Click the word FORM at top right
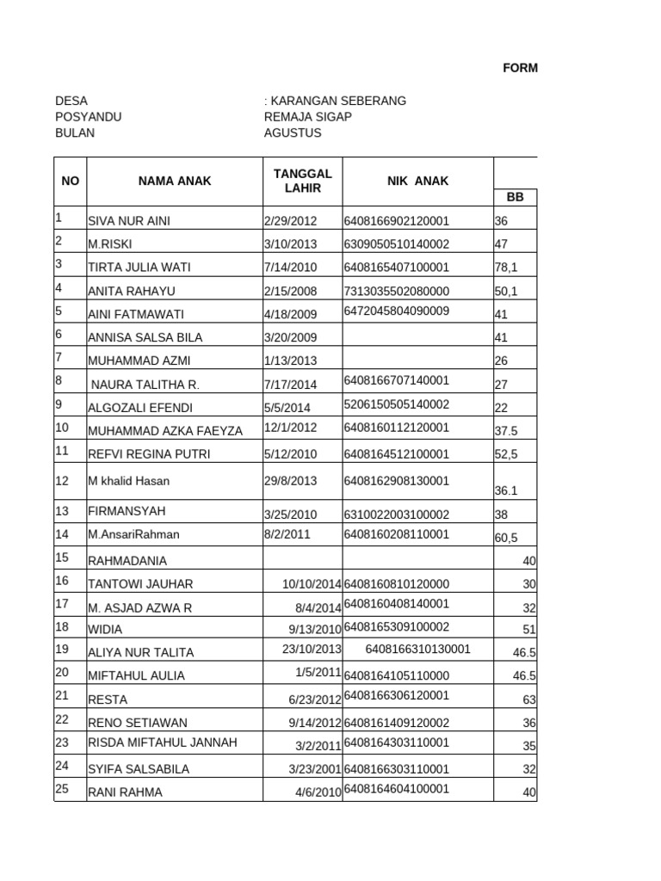point(521,68)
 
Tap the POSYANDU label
point(88,117)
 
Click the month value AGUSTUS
point(293,133)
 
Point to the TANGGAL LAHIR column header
point(302,181)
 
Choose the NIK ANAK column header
point(417,181)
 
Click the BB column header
point(515,197)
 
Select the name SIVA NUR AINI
point(129,221)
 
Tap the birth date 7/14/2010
point(290,268)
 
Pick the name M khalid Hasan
point(128,481)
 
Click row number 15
point(61,558)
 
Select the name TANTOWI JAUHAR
point(140,584)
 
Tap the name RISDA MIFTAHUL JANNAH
point(163,742)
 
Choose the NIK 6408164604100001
point(396,789)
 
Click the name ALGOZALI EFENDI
point(140,408)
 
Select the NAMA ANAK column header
point(175,181)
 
